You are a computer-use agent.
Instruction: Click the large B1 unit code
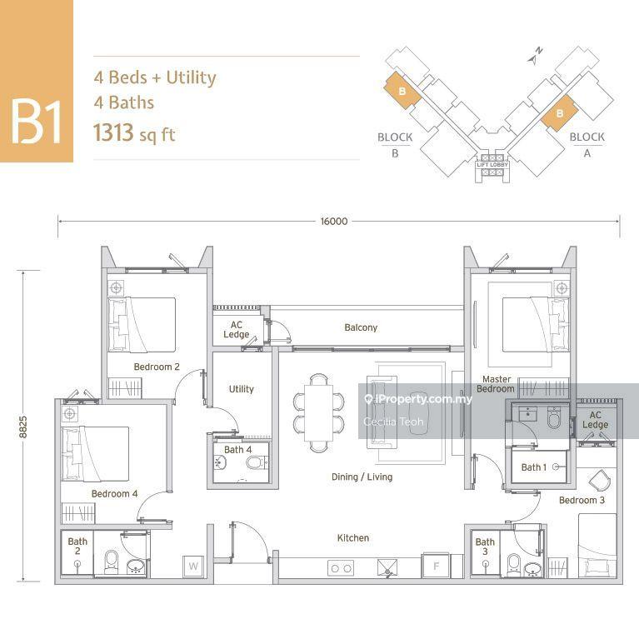(36, 122)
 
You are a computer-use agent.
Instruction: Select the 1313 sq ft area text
(134, 132)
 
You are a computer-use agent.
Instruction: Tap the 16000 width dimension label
(333, 222)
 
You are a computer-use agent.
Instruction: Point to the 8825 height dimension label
(24, 426)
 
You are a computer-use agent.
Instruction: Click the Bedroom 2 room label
(156, 367)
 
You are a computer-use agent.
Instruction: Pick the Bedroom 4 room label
(114, 494)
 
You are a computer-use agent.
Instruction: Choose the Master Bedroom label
(497, 384)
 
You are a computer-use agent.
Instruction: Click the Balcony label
(361, 327)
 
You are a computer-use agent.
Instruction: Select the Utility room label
(241, 389)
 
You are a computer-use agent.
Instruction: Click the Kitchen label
(352, 538)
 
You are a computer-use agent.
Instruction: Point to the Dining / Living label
(362, 477)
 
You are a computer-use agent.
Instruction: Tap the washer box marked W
(192, 567)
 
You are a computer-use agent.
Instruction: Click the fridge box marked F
(435, 567)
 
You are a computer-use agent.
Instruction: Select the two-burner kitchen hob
(341, 568)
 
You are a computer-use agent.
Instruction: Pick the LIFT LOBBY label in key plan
(492, 164)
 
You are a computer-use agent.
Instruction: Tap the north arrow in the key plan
(534, 56)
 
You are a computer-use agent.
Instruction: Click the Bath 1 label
(533, 467)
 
